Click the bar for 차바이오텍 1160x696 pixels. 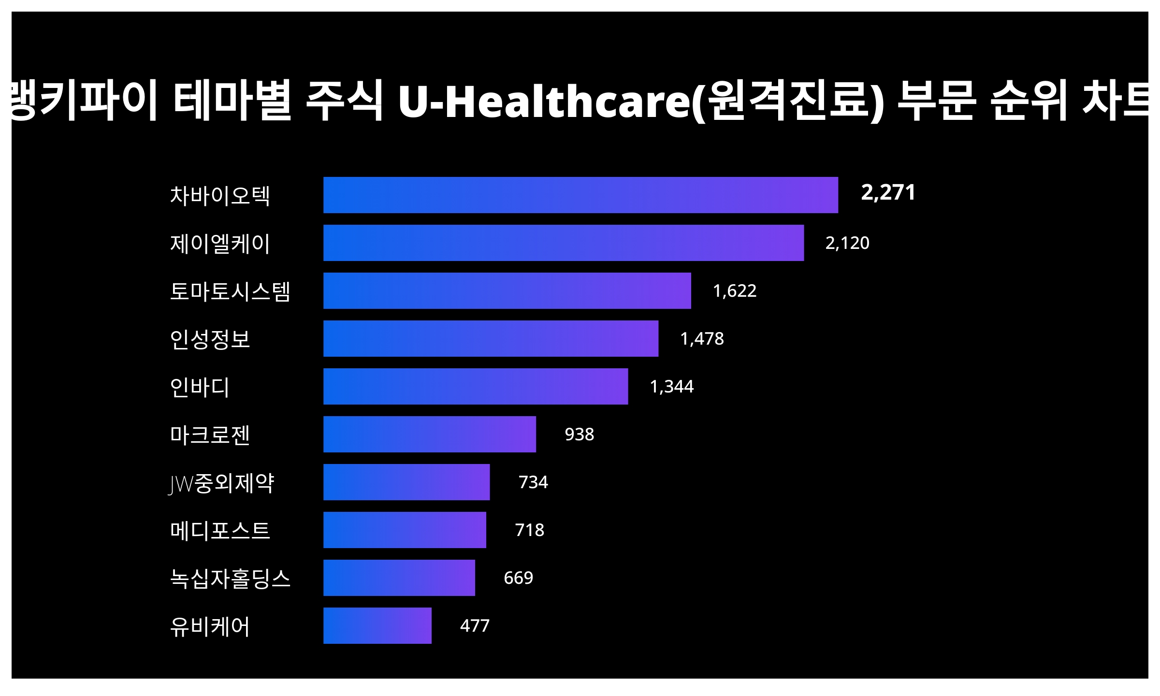tap(580, 195)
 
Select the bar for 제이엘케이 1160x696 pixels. tap(564, 243)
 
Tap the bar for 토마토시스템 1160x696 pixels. tap(507, 290)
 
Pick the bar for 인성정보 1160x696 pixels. tap(491, 338)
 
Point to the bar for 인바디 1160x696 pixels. tap(476, 386)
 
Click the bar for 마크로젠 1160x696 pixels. tap(430, 434)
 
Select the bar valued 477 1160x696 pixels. tap(377, 625)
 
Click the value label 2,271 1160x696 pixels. tap(888, 192)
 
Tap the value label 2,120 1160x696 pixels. tap(847, 243)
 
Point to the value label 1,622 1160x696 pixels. tap(734, 290)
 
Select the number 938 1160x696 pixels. tap(579, 434)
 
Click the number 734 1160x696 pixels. tap(533, 482)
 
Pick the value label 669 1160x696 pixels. tap(518, 578)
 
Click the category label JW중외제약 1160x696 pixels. tap(221, 483)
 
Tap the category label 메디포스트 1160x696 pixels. tap(220, 530)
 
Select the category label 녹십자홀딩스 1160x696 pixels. tap(230, 578)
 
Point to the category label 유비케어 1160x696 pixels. tap(210, 626)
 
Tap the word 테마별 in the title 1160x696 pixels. tap(232, 101)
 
